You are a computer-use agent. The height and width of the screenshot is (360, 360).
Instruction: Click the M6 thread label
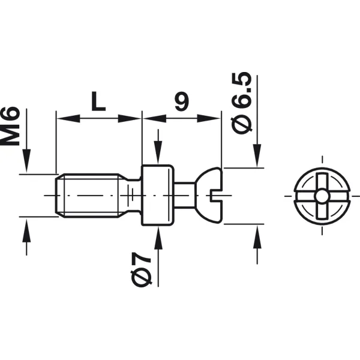[10, 126]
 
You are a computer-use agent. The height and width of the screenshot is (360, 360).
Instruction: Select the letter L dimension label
[98, 101]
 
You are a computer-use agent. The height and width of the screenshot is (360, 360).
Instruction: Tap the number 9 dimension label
[182, 101]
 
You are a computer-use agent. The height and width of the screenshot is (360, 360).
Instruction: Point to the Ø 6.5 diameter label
[242, 103]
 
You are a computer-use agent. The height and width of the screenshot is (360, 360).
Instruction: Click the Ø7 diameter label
[141, 269]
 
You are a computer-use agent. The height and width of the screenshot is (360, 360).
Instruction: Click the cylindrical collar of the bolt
[157, 196]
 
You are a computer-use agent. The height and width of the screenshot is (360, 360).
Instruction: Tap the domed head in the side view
[209, 196]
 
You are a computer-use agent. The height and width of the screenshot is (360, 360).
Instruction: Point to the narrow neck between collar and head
[184, 196]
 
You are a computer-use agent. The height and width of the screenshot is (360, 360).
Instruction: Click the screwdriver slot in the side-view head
[217, 196]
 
